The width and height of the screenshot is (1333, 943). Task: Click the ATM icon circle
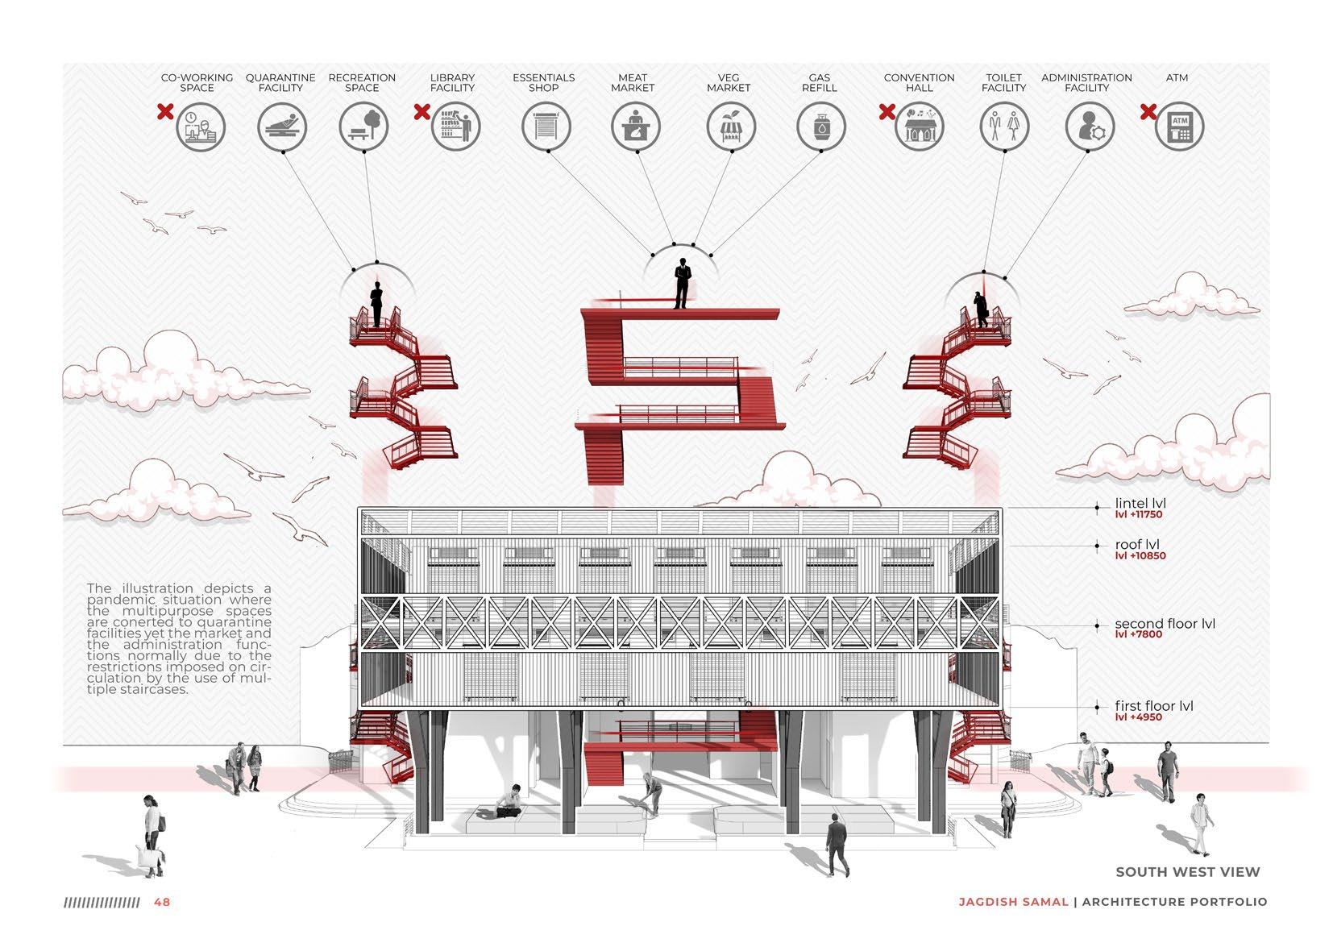pyautogui.click(x=1179, y=127)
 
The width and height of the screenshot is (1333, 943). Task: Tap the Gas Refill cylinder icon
pyautogui.click(x=820, y=127)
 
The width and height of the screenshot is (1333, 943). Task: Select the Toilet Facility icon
pyautogui.click(x=1004, y=127)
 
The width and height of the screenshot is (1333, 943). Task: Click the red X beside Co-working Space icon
pyautogui.click(x=165, y=112)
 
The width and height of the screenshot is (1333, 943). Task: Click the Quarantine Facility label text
pyautogui.click(x=280, y=82)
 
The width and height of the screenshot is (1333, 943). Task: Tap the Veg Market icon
pyautogui.click(x=731, y=127)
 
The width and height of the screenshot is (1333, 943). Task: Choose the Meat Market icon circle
pyautogui.click(x=635, y=127)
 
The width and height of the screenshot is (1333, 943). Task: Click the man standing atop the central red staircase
pyautogui.click(x=682, y=283)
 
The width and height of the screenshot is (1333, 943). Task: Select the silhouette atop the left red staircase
pyautogui.click(x=376, y=305)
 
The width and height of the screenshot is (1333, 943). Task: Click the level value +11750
pyautogui.click(x=1139, y=515)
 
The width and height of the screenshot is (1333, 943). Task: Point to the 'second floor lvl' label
pyautogui.click(x=1164, y=623)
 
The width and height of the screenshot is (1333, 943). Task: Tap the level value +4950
pyautogui.click(x=1138, y=717)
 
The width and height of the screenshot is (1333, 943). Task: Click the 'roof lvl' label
pyautogui.click(x=1136, y=544)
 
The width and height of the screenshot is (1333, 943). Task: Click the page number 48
pyautogui.click(x=162, y=902)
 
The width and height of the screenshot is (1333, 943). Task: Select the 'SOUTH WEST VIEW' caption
pyautogui.click(x=1187, y=871)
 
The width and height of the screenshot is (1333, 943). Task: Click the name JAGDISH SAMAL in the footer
pyautogui.click(x=1013, y=902)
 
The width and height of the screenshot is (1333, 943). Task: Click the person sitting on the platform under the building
pyautogui.click(x=509, y=801)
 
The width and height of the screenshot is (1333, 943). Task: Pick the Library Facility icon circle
pyautogui.click(x=455, y=127)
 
